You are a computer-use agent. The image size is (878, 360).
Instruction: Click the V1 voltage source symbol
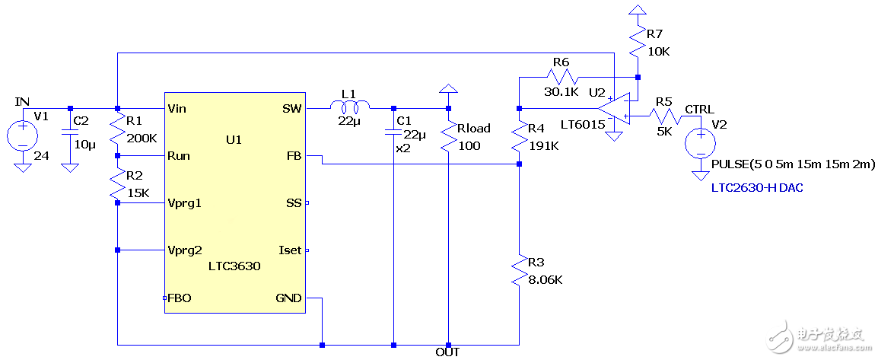pos(23,136)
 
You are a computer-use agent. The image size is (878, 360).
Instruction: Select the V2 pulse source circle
pos(699,143)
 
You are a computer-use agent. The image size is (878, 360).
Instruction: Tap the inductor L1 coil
pos(349,105)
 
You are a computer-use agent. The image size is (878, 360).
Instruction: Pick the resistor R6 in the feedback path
pos(561,76)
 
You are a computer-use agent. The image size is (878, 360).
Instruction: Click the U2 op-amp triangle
pos(613,108)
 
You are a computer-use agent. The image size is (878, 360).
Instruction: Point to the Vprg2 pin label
pos(185,250)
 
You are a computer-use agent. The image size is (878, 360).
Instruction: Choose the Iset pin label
pos(290,250)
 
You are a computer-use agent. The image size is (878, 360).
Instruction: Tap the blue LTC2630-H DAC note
pos(757,187)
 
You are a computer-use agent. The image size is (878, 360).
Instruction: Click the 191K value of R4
pos(542,146)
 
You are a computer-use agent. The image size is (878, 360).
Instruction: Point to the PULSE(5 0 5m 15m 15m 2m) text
pos(794,164)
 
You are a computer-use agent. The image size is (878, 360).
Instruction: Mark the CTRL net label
pos(699,110)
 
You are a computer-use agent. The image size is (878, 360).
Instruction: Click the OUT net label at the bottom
pos(447,352)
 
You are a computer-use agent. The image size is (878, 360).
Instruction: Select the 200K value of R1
pos(142,139)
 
